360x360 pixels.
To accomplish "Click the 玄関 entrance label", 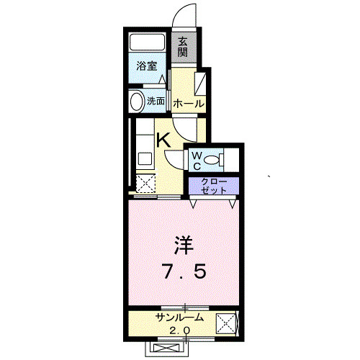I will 183,47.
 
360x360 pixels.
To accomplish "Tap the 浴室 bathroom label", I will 147,66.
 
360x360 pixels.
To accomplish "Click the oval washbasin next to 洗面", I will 135,102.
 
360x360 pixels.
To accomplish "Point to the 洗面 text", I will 156,102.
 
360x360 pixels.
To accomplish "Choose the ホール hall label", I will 188,103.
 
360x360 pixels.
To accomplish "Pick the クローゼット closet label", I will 213,184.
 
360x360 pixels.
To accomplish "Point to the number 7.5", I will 184,271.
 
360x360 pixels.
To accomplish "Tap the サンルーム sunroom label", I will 179,318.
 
